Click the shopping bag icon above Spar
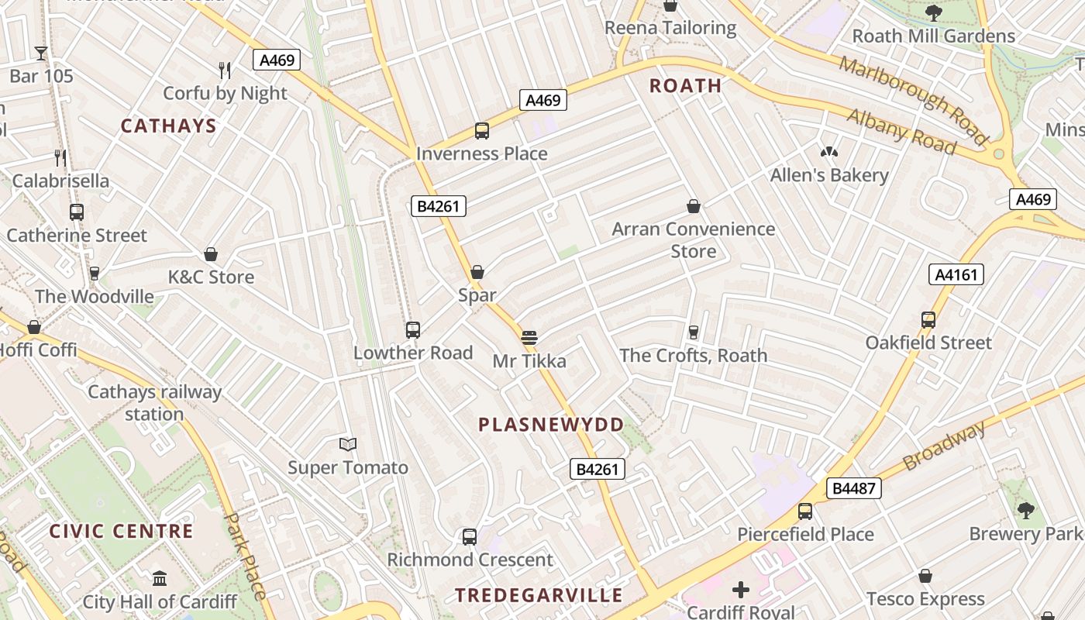477,272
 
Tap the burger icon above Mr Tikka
529,337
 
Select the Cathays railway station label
154,402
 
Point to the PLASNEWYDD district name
551,425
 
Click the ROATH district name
685,86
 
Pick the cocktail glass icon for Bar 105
41,53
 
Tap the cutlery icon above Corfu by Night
225,71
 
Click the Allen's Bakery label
829,175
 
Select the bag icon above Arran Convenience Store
694,206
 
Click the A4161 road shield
956,274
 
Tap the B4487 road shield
854,488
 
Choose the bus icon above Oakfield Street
928,319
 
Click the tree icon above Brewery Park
1026,510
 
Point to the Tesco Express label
925,599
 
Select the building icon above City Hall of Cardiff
160,578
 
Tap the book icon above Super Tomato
348,444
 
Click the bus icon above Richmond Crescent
470,536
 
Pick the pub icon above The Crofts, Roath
694,332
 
